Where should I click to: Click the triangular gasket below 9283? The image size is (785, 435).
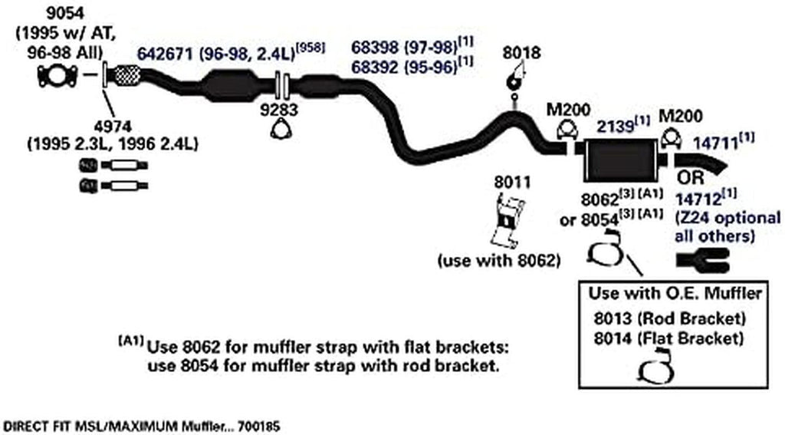point(282,130)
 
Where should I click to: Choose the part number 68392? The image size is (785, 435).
point(377,67)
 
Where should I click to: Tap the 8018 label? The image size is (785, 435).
point(521,54)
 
